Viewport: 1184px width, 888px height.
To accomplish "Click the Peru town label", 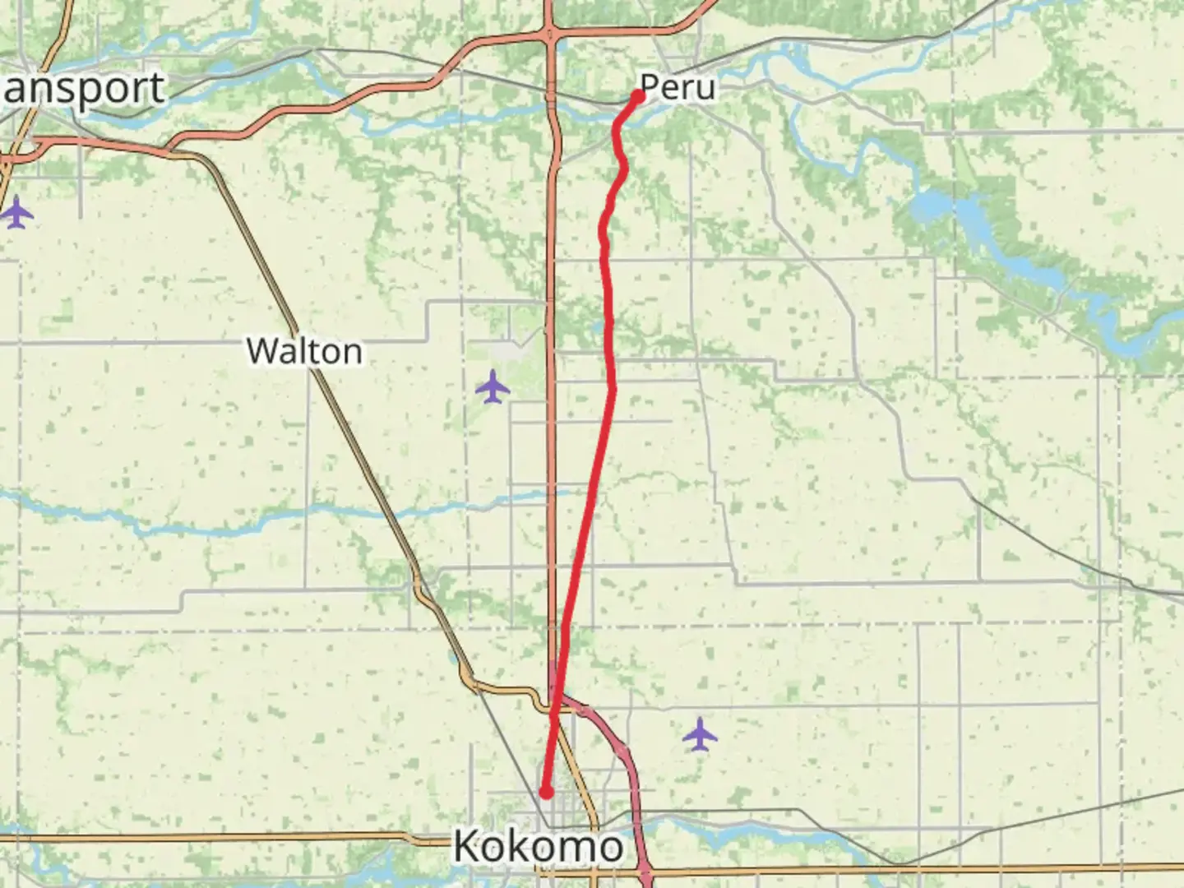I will click(x=678, y=87).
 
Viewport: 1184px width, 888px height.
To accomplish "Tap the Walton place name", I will click(x=304, y=352).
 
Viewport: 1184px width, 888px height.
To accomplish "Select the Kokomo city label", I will click(x=539, y=847).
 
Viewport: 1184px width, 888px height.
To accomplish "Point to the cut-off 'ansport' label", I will click(x=82, y=89).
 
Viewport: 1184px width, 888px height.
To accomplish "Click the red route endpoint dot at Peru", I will click(x=637, y=96).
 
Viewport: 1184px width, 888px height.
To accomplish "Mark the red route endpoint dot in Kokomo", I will click(x=545, y=793).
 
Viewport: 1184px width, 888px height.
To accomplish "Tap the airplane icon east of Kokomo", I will click(x=700, y=734).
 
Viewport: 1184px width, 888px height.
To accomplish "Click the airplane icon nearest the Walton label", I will click(x=493, y=386).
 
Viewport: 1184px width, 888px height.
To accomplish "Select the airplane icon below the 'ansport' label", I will click(x=16, y=213).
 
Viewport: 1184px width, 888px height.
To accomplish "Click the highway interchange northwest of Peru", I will click(x=549, y=35).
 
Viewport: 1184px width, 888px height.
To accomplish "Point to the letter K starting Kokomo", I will click(x=469, y=847).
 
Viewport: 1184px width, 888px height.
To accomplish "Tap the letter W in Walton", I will click(x=261, y=352).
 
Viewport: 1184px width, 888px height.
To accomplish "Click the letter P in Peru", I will click(x=650, y=87).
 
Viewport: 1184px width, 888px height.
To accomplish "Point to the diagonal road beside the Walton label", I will click(x=345, y=411).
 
